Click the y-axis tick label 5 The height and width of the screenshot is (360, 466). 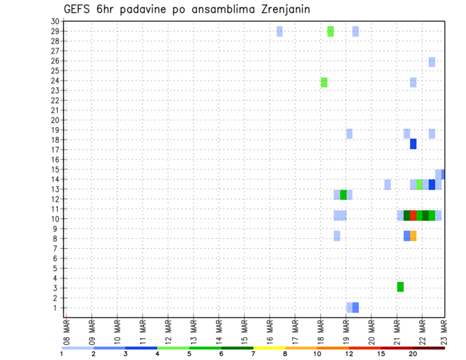click(x=56, y=268)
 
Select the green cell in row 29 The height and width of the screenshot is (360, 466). click(x=331, y=32)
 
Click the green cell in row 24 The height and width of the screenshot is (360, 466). click(x=324, y=82)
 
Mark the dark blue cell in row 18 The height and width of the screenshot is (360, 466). click(x=413, y=144)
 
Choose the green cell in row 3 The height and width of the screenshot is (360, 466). click(x=400, y=287)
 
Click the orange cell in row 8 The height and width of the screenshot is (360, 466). click(x=413, y=236)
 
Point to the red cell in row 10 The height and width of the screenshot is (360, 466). click(x=413, y=215)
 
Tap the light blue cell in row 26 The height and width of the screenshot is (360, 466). click(x=432, y=62)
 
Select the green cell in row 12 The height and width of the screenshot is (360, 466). click(x=343, y=195)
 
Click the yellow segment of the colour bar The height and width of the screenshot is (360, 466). click(x=269, y=348)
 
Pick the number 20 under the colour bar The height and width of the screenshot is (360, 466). click(x=413, y=354)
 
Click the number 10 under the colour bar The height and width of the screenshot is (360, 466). click(x=317, y=354)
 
